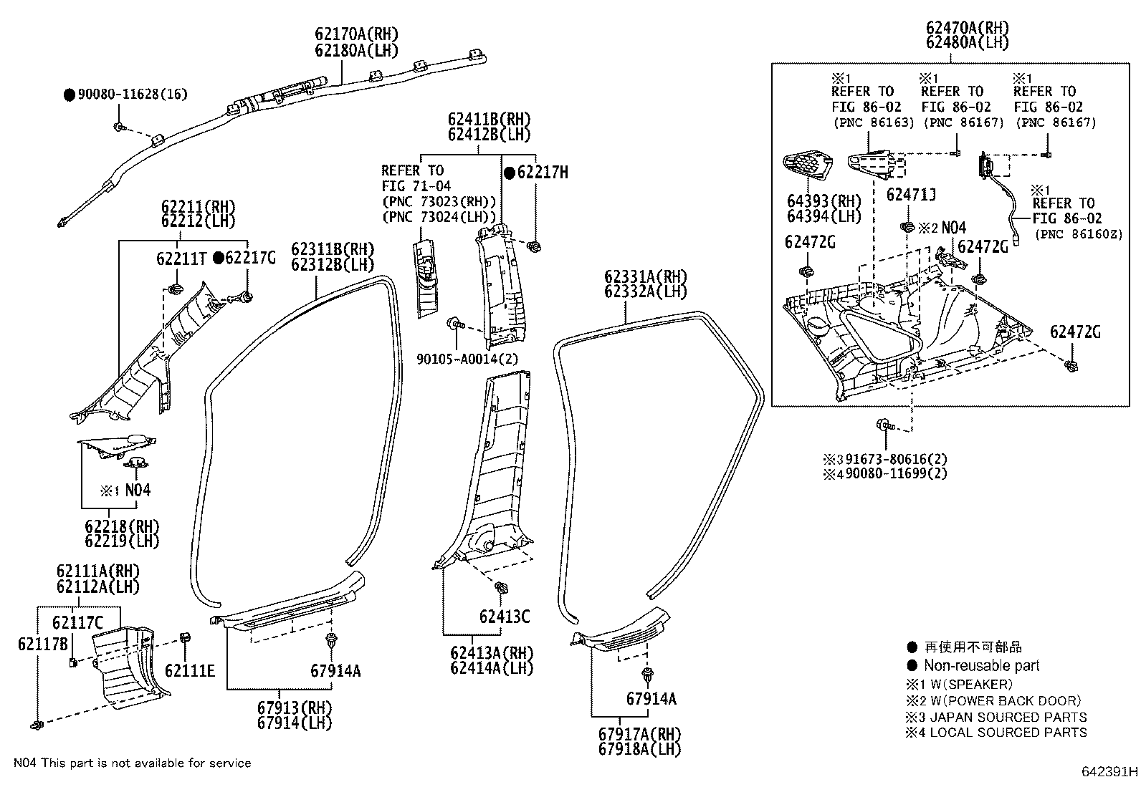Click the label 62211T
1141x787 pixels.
[x=181, y=259]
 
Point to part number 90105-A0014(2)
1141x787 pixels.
[x=467, y=359]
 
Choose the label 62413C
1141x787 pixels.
[x=505, y=616]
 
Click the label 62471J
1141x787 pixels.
[x=911, y=195]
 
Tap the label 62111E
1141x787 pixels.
[x=189, y=670]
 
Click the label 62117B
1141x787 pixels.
[x=42, y=644]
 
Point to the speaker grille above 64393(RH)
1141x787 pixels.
[x=810, y=168]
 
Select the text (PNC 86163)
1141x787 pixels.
[x=873, y=122]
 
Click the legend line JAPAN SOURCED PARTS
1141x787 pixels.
[x=1008, y=717]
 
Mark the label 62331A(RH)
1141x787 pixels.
[x=645, y=277]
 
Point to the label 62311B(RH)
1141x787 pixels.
[x=333, y=249]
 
